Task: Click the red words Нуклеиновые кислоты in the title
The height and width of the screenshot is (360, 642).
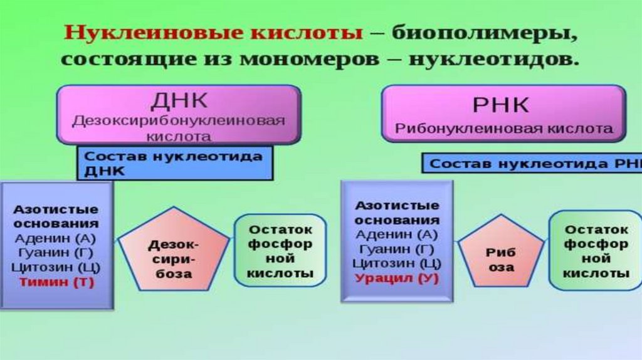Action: point(214,33)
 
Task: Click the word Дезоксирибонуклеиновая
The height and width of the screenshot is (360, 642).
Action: point(179,120)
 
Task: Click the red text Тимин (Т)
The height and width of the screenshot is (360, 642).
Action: point(56,282)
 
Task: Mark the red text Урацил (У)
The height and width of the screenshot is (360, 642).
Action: point(397,278)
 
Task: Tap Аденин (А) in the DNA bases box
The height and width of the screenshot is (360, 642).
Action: point(57,238)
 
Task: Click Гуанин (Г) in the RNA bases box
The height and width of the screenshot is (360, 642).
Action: point(396,249)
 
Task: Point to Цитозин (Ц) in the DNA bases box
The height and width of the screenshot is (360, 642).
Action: point(56,267)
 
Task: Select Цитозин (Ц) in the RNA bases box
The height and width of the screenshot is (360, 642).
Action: point(396,263)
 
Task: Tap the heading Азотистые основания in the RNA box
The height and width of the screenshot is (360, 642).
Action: point(396,213)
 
